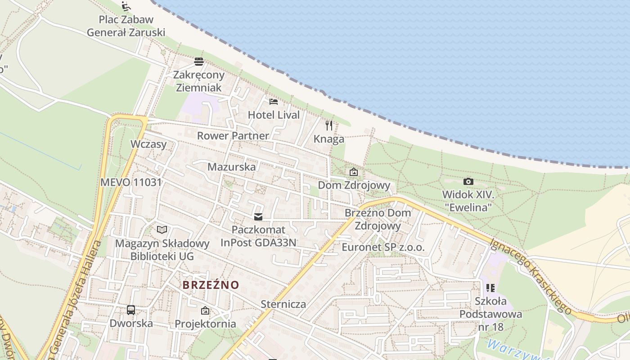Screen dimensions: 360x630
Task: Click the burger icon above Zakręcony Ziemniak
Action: pyautogui.click(x=199, y=62)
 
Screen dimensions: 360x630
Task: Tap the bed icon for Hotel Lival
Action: pyautogui.click(x=273, y=102)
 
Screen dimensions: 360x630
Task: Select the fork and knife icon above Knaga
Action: pyautogui.click(x=329, y=125)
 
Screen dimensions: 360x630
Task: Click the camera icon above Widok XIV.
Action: pyautogui.click(x=468, y=181)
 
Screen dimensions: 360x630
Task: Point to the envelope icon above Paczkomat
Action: pyautogui.click(x=258, y=217)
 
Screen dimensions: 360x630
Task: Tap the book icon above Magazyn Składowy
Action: pyautogui.click(x=162, y=230)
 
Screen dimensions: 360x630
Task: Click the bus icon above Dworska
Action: pyautogui.click(x=131, y=310)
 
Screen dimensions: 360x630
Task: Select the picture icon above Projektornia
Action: pyautogui.click(x=205, y=310)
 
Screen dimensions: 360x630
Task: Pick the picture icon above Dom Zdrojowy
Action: pyautogui.click(x=354, y=172)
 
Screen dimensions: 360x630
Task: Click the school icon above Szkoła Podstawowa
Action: pyautogui.click(x=490, y=288)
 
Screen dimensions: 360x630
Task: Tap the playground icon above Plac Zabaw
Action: pyautogui.click(x=126, y=6)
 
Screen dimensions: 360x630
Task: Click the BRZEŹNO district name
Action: pyautogui.click(x=211, y=285)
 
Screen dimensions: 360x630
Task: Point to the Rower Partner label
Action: pyautogui.click(x=233, y=135)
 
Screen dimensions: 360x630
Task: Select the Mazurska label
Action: pyautogui.click(x=231, y=167)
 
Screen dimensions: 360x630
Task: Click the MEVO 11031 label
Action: pyautogui.click(x=131, y=182)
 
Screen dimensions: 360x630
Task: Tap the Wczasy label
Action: pyautogui.click(x=148, y=144)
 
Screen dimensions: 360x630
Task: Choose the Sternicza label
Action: pyautogui.click(x=283, y=304)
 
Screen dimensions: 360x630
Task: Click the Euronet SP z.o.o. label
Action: pyautogui.click(x=383, y=247)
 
